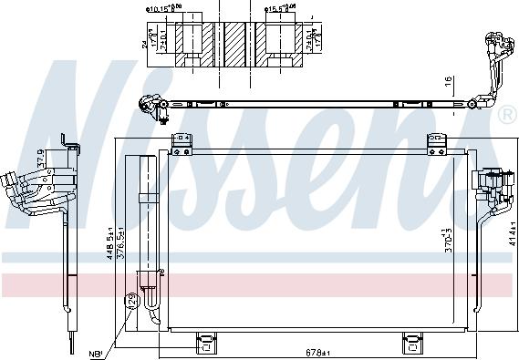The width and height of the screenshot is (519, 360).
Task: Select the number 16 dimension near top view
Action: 449,81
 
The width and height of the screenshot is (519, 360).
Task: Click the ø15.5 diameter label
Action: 283,8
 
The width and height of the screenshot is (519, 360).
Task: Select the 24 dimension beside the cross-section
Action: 144,41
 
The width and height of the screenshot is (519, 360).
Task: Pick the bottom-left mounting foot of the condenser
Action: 207,343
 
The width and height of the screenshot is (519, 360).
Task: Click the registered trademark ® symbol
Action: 506,115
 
